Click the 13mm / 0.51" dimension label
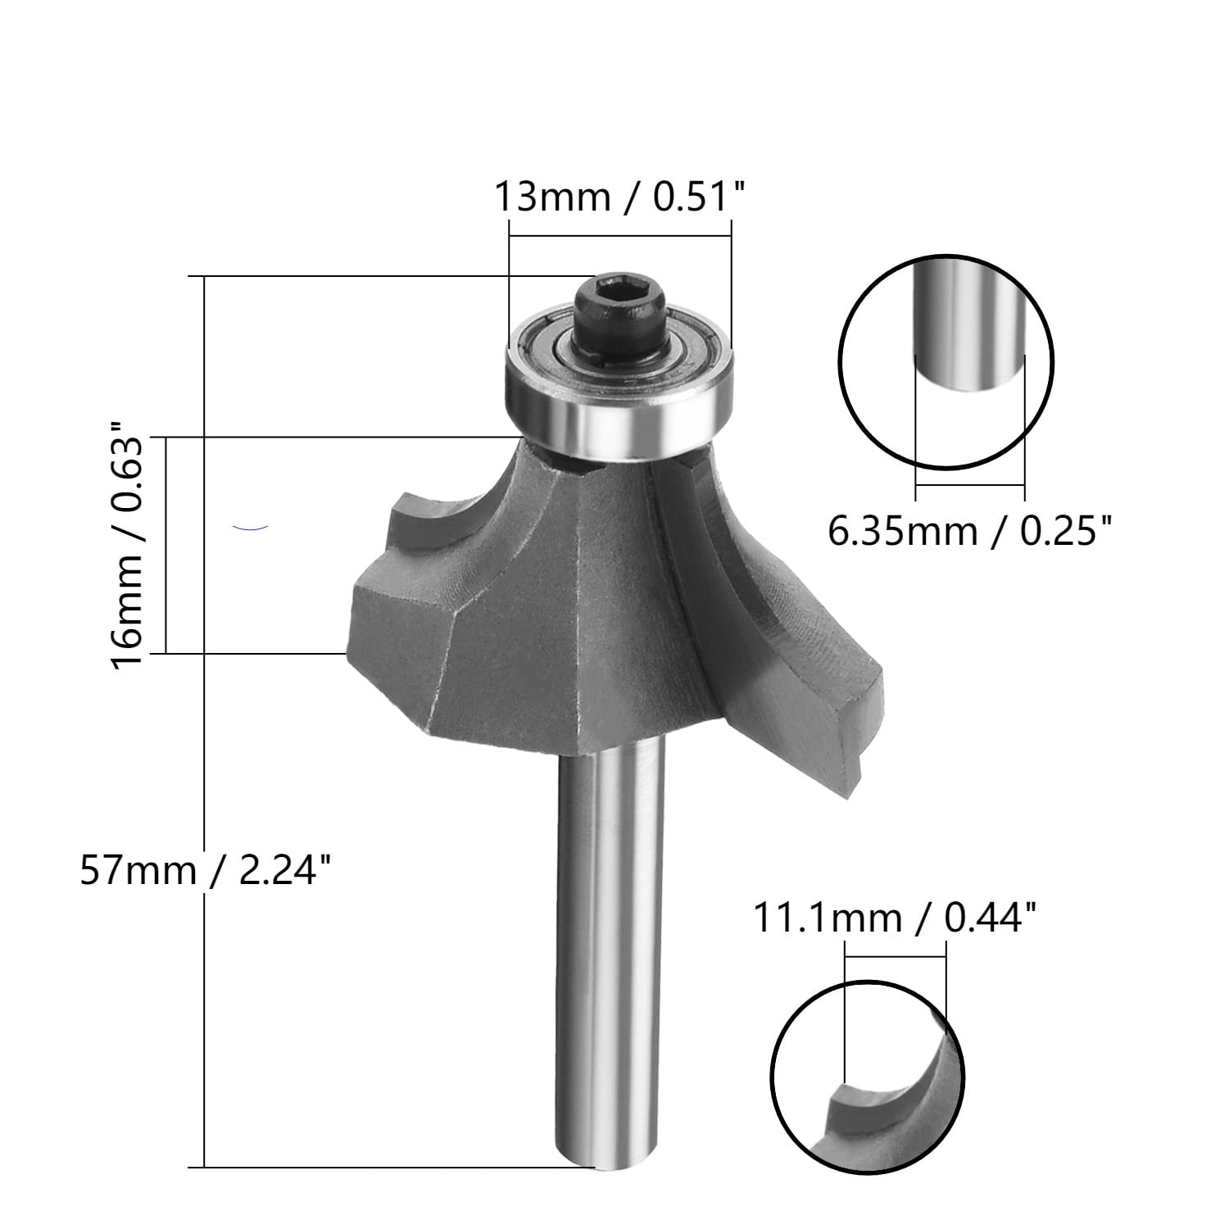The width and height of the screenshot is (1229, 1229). click(x=619, y=197)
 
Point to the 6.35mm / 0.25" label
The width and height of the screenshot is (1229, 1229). click(x=970, y=532)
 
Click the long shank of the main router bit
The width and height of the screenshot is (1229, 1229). click(x=606, y=942)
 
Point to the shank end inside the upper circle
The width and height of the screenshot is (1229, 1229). click(x=970, y=336)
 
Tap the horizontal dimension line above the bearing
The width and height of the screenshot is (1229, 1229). click(x=619, y=237)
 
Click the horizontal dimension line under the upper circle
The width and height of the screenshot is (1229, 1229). click(x=970, y=486)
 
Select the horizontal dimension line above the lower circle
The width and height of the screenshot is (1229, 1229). click(x=895, y=955)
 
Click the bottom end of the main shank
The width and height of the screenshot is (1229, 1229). click(x=606, y=1155)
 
